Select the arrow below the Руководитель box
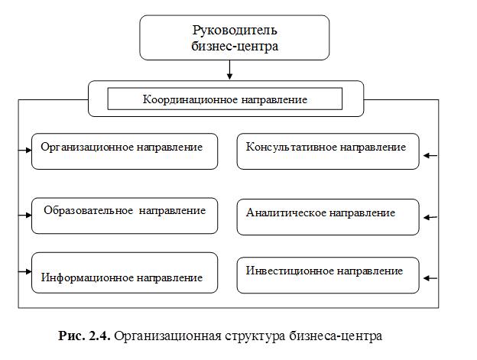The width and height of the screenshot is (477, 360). pos(230,70)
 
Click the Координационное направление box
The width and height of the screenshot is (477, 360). pos(225,99)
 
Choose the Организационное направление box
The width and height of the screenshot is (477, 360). pos(125,151)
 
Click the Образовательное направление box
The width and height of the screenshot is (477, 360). pos(125,215)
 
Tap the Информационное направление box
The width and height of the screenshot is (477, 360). pos(125,272)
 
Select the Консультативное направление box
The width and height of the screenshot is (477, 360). pos(328,151)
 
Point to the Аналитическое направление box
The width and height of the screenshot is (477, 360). pos(328,216)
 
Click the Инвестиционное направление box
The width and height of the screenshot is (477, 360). pos(328,274)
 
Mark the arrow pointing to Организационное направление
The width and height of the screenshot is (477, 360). pos(24,149)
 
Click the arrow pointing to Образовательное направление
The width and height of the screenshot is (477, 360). pos(24,215)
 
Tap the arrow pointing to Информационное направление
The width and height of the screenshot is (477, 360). pos(24,271)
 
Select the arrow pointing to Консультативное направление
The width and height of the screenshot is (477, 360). pos(430,156)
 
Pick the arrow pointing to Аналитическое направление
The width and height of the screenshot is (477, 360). pos(430,218)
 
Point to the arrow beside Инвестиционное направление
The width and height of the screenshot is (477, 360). pos(430,277)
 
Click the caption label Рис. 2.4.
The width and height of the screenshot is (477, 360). pos(85,336)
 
